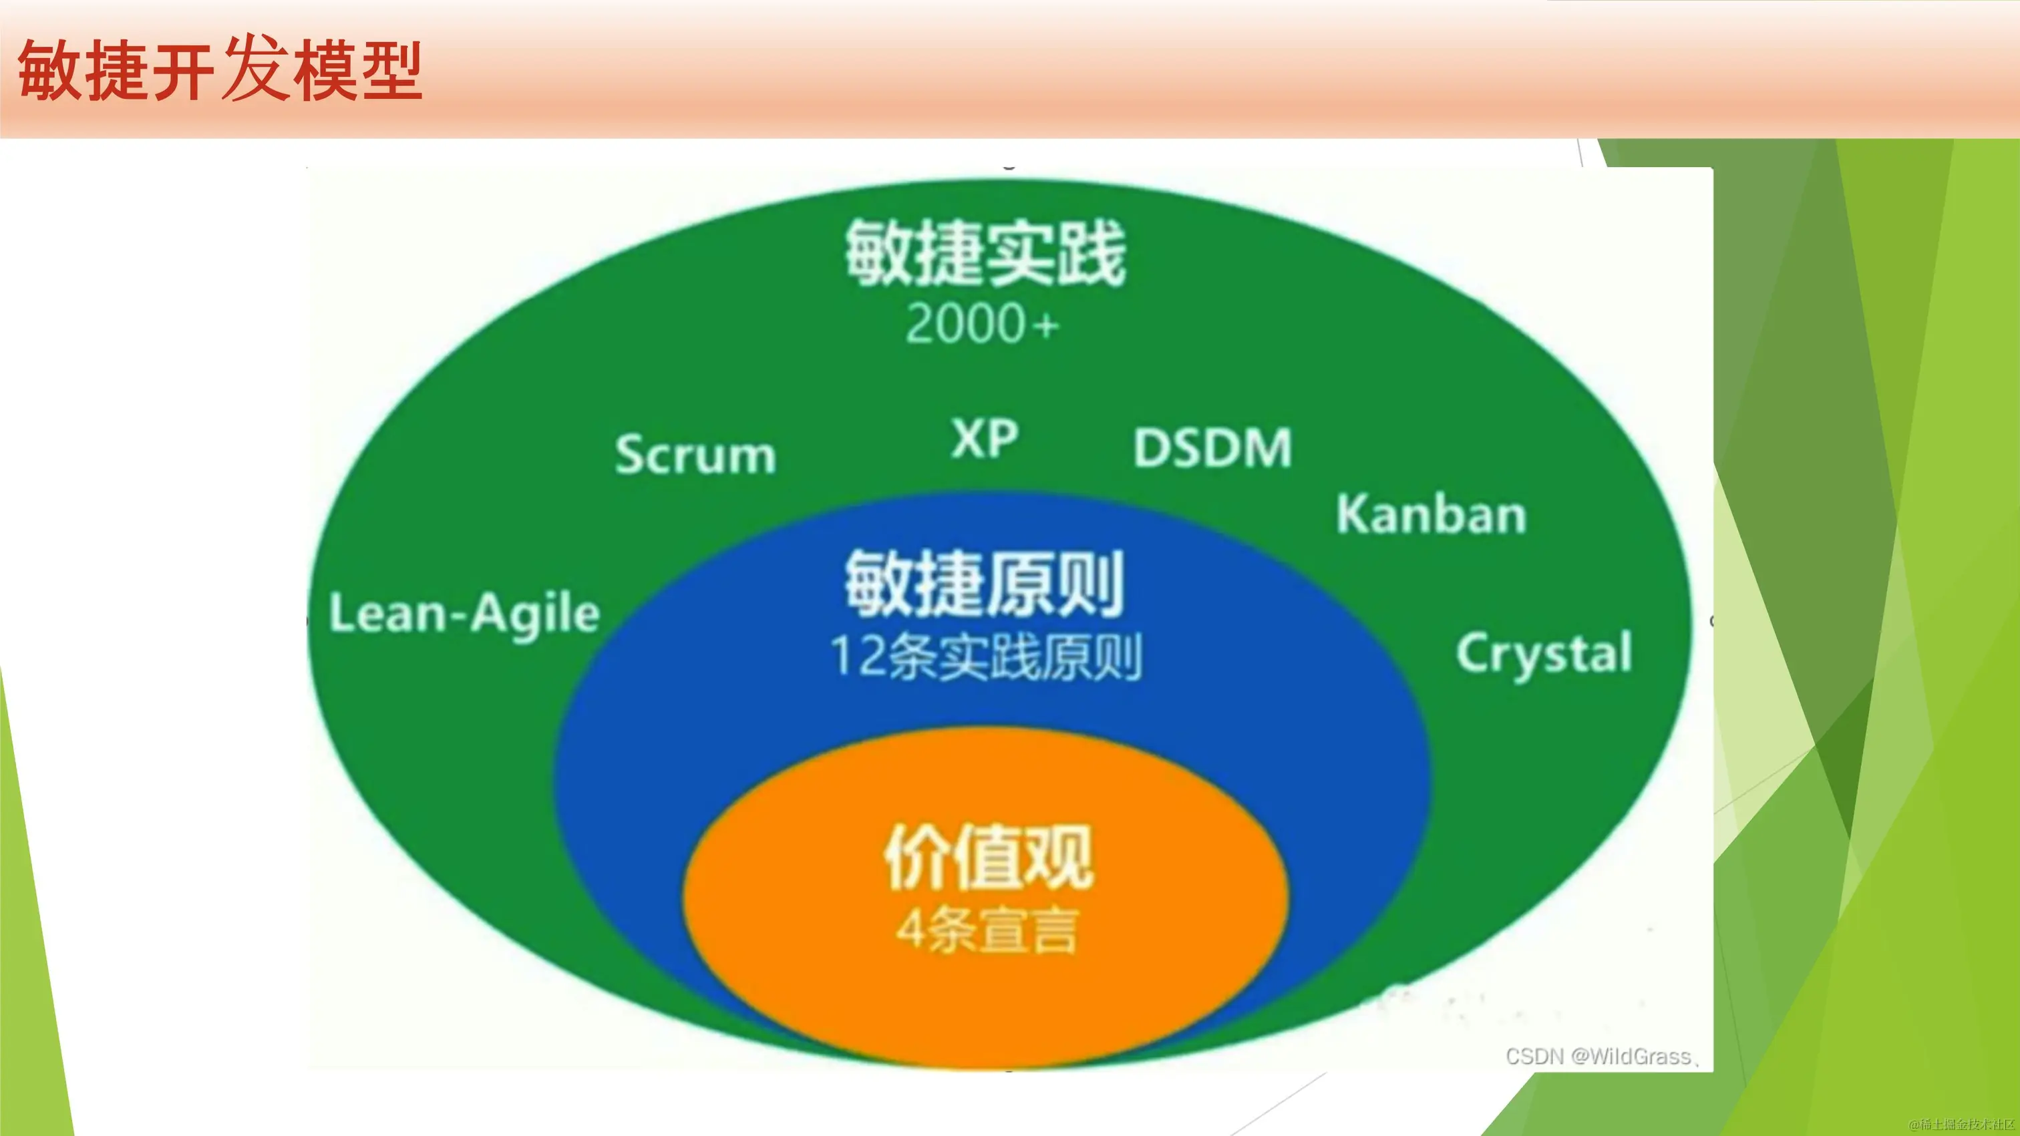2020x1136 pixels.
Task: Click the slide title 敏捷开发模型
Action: tap(220, 71)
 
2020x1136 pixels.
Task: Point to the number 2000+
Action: tap(982, 323)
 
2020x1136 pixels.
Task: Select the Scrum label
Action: tap(695, 454)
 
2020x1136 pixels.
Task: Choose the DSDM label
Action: tap(1212, 447)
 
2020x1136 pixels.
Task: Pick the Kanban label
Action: tap(1431, 515)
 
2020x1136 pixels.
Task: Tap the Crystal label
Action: tap(1543, 653)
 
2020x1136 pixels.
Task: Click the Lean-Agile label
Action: tap(464, 614)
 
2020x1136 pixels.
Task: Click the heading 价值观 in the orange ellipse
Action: tap(988, 857)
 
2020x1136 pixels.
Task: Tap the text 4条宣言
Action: tap(988, 930)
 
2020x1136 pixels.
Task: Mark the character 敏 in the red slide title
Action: tap(49, 71)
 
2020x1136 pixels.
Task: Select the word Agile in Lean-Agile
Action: tap(536, 614)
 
